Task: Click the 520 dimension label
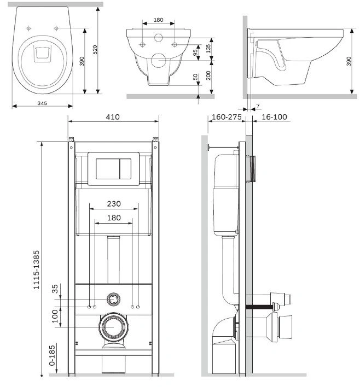(95, 50)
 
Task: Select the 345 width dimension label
(42, 103)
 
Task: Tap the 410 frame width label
(113, 117)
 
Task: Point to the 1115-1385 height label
(36, 269)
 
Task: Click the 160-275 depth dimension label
(227, 117)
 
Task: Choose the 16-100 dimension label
(274, 117)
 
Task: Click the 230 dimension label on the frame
(114, 204)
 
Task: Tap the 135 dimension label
(208, 48)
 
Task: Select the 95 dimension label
(195, 52)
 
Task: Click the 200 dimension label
(208, 75)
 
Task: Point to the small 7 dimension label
(258, 106)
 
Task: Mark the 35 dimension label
(55, 289)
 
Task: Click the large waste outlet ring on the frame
(113, 326)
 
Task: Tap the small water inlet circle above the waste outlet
(113, 299)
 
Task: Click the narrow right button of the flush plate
(125, 168)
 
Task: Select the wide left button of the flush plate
(108, 168)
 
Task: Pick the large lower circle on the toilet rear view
(158, 60)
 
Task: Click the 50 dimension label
(195, 77)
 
